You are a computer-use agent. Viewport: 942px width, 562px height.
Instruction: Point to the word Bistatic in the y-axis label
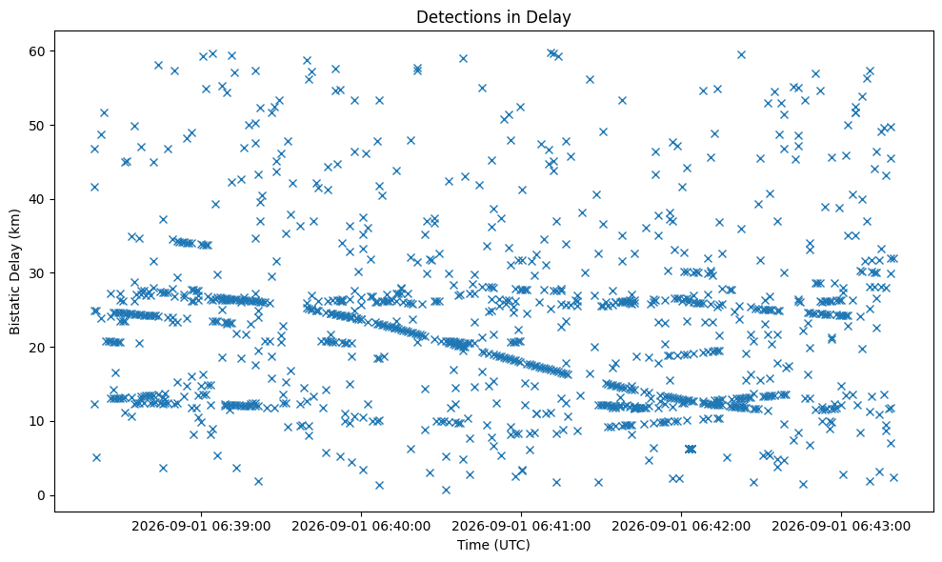[14, 308]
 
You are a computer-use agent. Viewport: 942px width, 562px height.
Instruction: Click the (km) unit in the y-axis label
[14, 223]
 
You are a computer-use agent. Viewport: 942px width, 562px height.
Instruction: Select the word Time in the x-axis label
[470, 545]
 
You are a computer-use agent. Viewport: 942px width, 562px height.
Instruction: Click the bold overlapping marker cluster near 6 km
[691, 449]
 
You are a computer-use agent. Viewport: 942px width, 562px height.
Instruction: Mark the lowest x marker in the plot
[446, 490]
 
